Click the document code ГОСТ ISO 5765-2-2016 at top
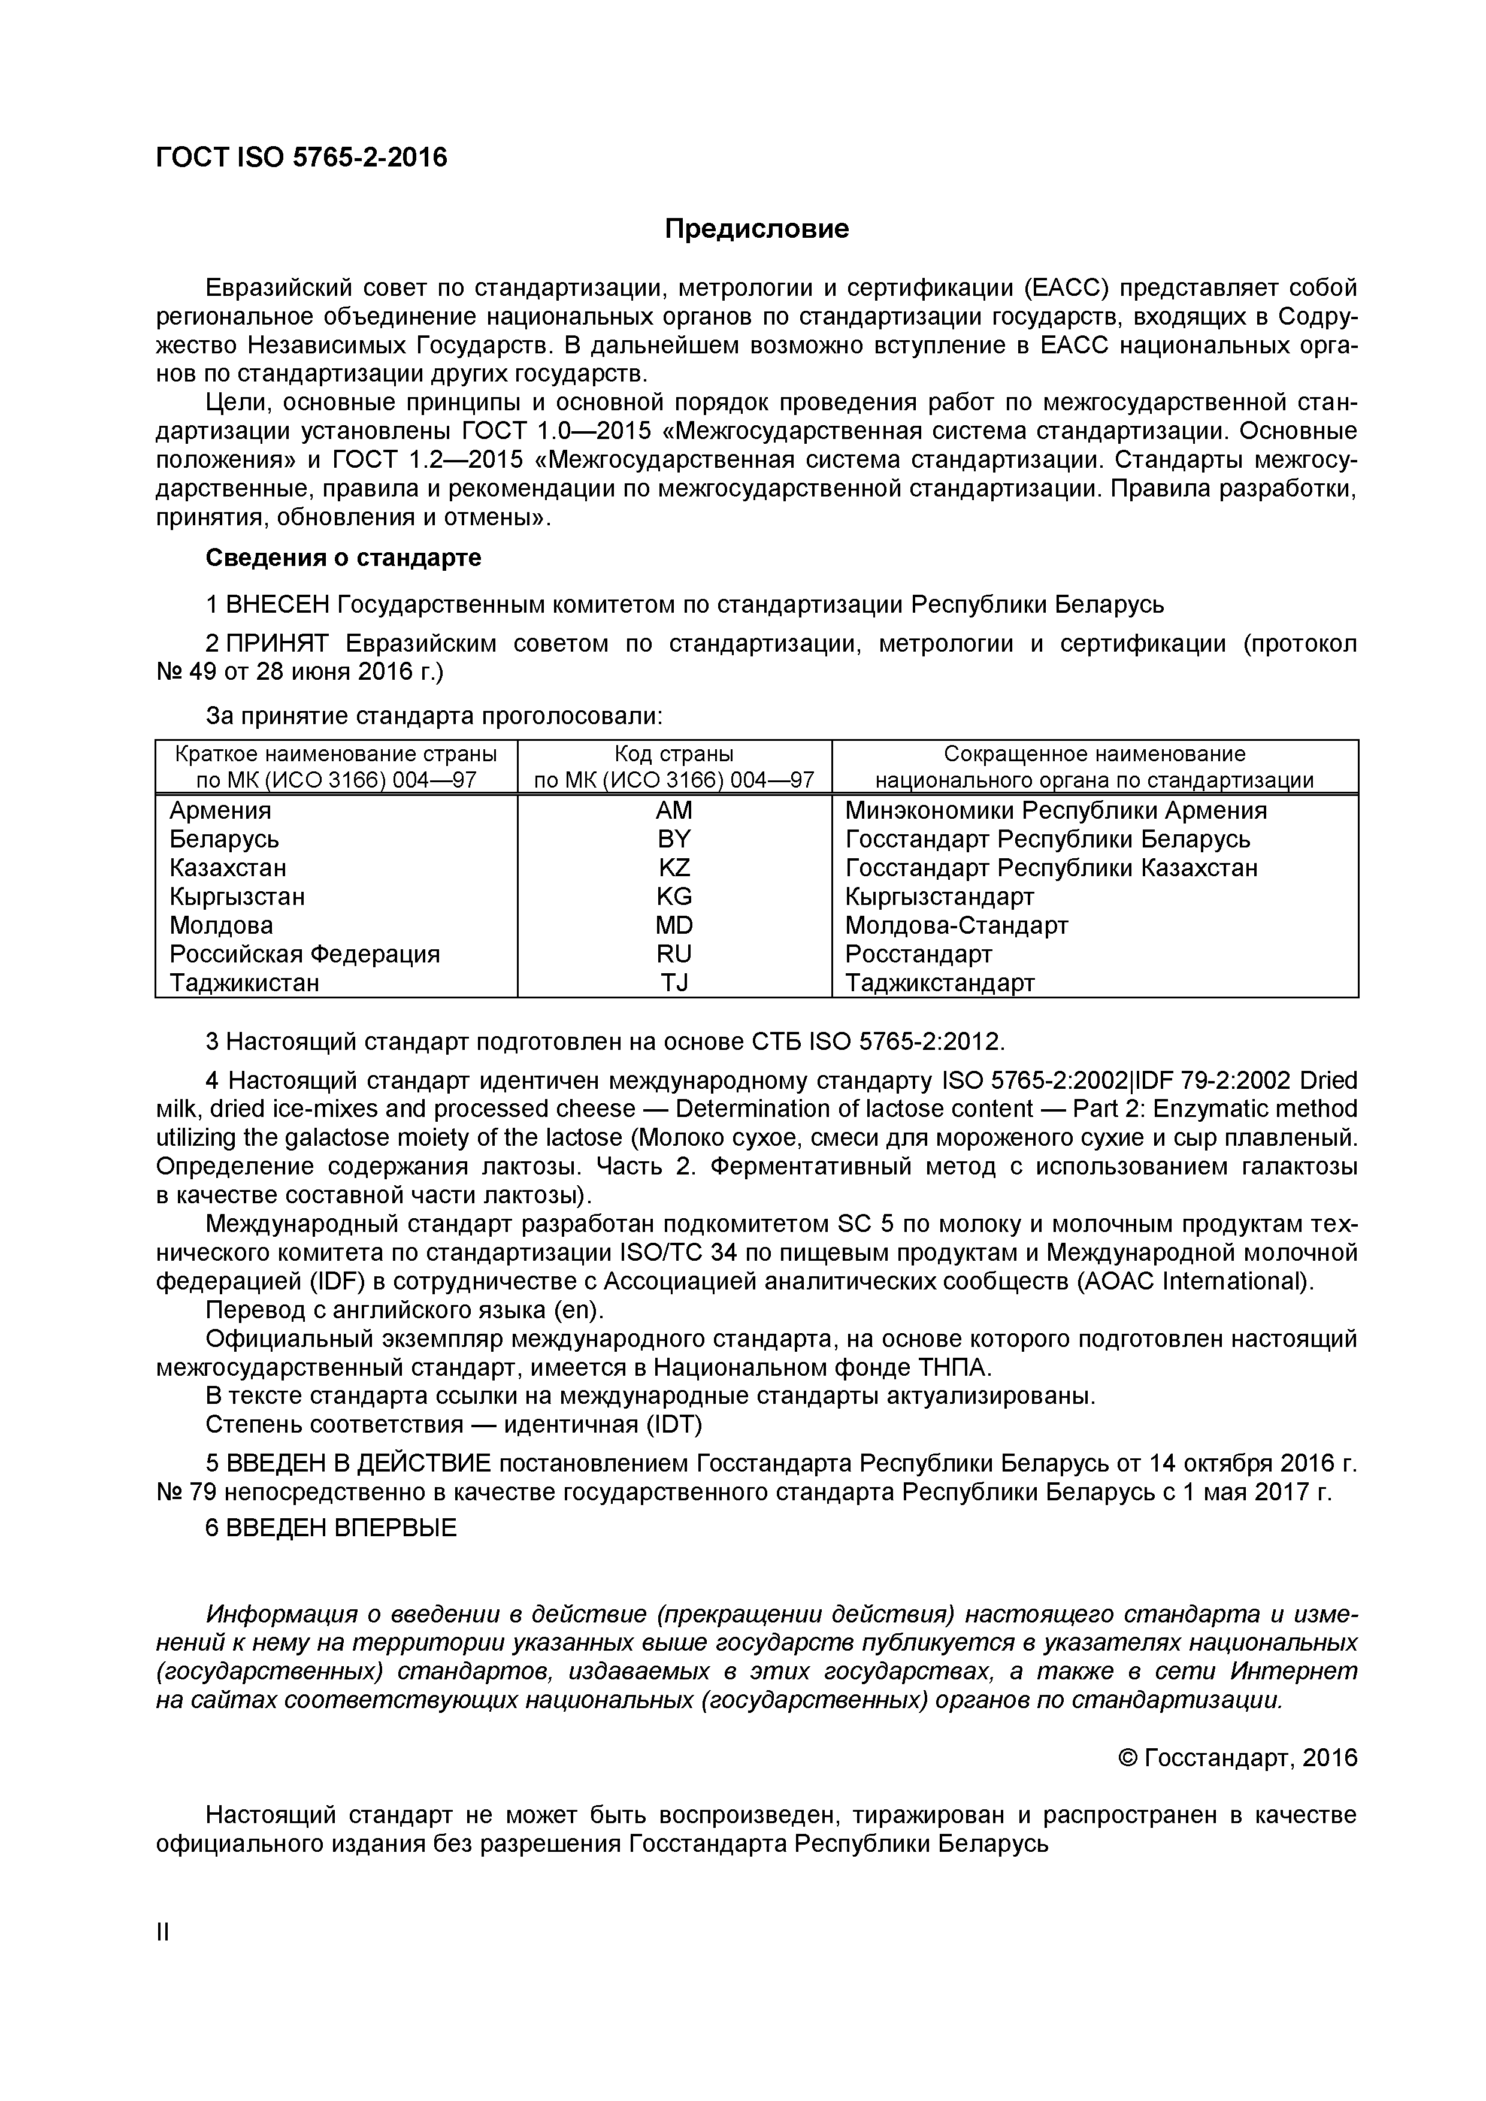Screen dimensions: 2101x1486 point(302,158)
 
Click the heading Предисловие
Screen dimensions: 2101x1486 point(756,229)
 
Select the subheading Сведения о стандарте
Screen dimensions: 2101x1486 point(343,557)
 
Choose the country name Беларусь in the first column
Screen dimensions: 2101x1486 point(224,839)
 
